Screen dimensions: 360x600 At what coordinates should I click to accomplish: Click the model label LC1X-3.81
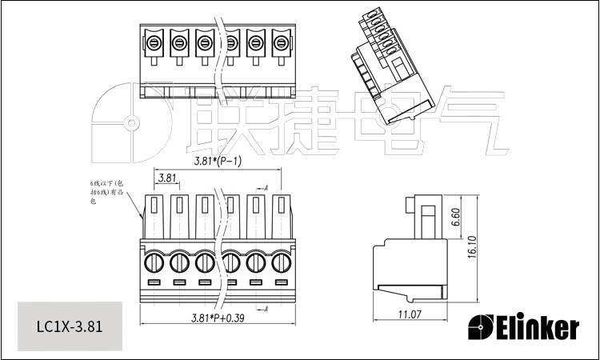point(69,326)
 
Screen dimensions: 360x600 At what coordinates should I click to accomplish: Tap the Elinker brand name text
point(538,326)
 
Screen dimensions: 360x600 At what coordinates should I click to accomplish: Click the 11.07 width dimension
point(410,314)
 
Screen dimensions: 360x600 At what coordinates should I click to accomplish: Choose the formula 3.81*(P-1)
point(218,162)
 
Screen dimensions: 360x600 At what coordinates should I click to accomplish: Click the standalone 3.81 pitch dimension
point(167,178)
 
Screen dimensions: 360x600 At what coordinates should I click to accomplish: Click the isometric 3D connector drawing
point(389,68)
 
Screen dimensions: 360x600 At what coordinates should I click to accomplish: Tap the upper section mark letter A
point(266,187)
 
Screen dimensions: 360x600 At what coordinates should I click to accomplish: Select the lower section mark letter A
point(266,309)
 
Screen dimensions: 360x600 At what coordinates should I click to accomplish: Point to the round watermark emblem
point(129,124)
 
